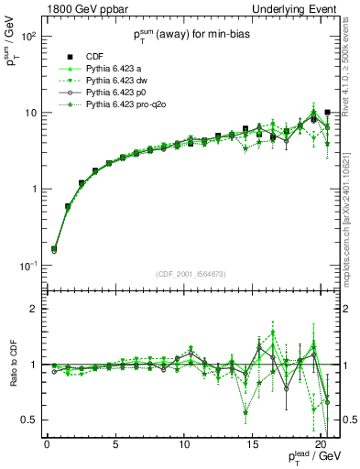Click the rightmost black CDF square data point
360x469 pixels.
click(327, 113)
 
